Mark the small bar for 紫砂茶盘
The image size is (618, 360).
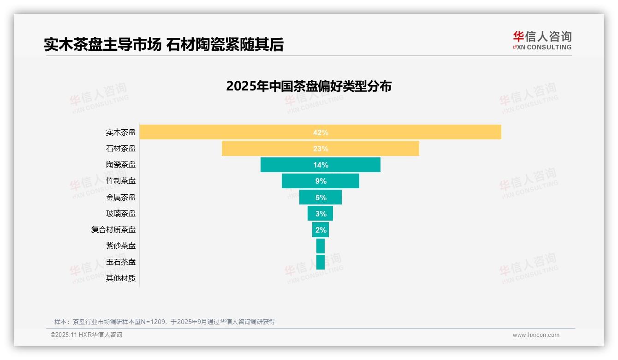pos(321,246)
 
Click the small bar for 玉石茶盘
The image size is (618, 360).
pos(321,262)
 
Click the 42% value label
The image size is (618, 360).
pos(321,132)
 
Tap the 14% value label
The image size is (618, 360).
pos(321,165)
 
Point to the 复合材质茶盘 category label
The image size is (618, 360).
pos(113,229)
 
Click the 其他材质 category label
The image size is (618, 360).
pos(121,278)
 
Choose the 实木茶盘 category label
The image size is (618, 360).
pos(121,132)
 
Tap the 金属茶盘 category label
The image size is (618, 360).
pos(121,197)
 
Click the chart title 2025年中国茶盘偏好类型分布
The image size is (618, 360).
pos(309,86)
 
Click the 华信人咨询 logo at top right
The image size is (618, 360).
pos(542,40)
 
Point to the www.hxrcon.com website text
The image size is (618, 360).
pos(536,335)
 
